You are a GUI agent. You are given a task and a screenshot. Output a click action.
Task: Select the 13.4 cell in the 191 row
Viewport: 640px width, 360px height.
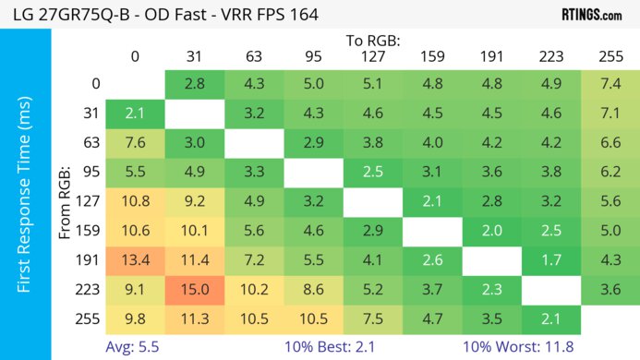coord(135,261)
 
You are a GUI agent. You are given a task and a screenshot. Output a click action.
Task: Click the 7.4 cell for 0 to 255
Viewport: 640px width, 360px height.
coord(610,84)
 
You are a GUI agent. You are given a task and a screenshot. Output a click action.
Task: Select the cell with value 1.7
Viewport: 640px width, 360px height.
coord(551,261)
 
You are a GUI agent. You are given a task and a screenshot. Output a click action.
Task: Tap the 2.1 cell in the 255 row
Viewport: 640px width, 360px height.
coord(551,320)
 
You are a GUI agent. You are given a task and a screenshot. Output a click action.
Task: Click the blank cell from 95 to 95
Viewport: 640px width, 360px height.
coord(313,173)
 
